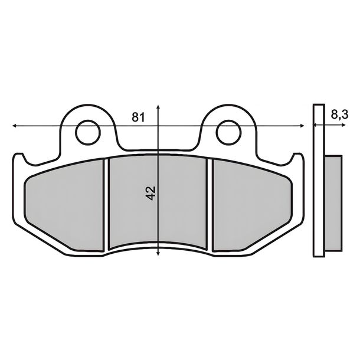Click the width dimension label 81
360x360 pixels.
(x=139, y=117)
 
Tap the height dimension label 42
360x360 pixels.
(x=151, y=193)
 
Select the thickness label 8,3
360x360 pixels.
(x=339, y=114)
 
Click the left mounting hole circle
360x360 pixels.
(x=88, y=132)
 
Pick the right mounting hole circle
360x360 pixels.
(x=228, y=132)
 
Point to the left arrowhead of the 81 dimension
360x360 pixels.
(x=14, y=126)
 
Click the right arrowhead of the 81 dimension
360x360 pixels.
(x=302, y=126)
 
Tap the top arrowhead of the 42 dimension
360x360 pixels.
(x=158, y=107)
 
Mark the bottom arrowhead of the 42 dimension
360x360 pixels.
(x=158, y=253)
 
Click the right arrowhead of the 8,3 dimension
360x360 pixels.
(x=343, y=125)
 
